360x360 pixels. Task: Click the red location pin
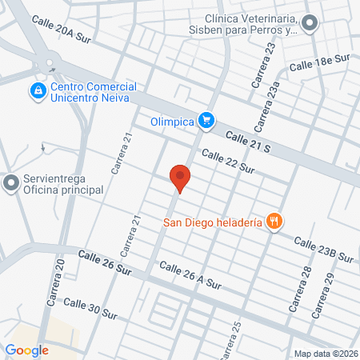181,178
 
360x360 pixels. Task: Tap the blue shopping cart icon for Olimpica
207,120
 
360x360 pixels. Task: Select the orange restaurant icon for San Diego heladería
274,222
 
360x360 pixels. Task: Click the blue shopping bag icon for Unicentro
37,92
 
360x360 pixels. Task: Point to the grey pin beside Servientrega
10,184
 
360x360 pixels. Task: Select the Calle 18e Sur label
321,62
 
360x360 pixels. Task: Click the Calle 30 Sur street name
90,308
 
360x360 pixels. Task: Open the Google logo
26,350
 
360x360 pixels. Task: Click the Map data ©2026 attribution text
326,353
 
